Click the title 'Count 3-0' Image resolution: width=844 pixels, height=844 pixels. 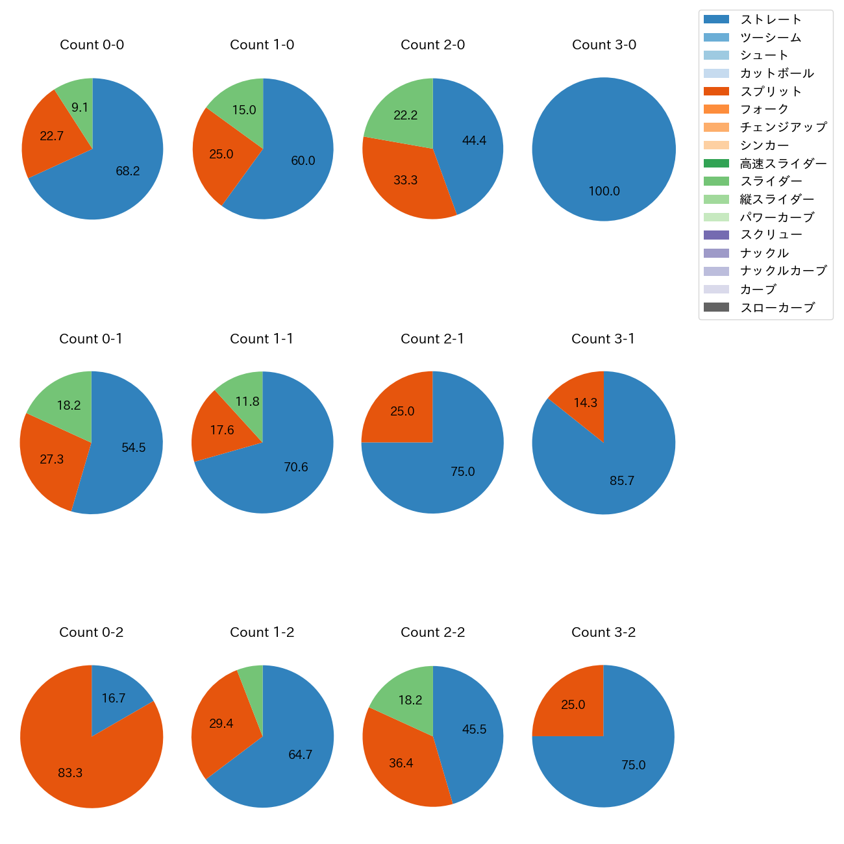(x=604, y=45)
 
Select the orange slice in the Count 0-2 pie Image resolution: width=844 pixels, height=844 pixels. (x=71, y=760)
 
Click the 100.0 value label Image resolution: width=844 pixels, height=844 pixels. (x=604, y=192)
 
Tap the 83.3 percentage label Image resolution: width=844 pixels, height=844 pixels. (x=70, y=773)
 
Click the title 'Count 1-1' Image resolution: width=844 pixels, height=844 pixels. (x=262, y=339)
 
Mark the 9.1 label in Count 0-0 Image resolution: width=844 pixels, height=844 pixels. (x=80, y=108)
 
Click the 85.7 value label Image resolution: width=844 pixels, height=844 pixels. (x=621, y=481)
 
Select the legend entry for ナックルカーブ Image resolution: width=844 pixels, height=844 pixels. (x=783, y=271)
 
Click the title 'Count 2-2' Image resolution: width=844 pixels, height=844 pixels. (x=432, y=632)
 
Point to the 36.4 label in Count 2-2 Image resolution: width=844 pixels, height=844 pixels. (x=401, y=763)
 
